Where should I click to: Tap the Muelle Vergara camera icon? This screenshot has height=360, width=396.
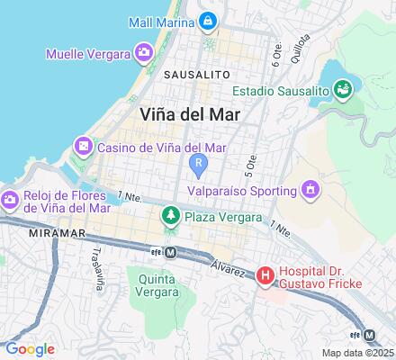click(142, 55)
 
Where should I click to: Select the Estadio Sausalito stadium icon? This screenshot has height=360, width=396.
click(342, 89)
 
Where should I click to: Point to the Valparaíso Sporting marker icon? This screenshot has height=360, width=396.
click(310, 190)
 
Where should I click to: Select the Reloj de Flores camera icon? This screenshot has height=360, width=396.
click(11, 200)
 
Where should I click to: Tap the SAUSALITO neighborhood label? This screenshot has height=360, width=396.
click(196, 73)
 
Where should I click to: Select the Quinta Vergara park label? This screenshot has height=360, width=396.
click(157, 284)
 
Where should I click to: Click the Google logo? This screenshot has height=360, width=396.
click(30, 349)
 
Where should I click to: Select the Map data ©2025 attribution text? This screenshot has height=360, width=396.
click(358, 353)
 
